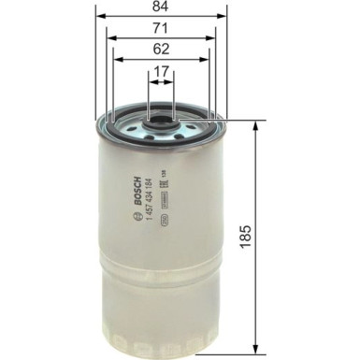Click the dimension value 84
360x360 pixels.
[x=161, y=7]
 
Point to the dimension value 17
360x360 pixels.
[x=161, y=71]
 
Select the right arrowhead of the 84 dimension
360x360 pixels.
[x=224, y=17]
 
